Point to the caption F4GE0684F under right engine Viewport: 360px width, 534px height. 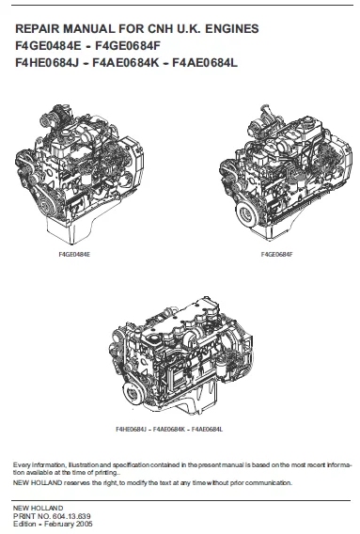(x=278, y=255)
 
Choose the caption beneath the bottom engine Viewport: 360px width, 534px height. (x=174, y=430)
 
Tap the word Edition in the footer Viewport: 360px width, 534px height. (x=23, y=523)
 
